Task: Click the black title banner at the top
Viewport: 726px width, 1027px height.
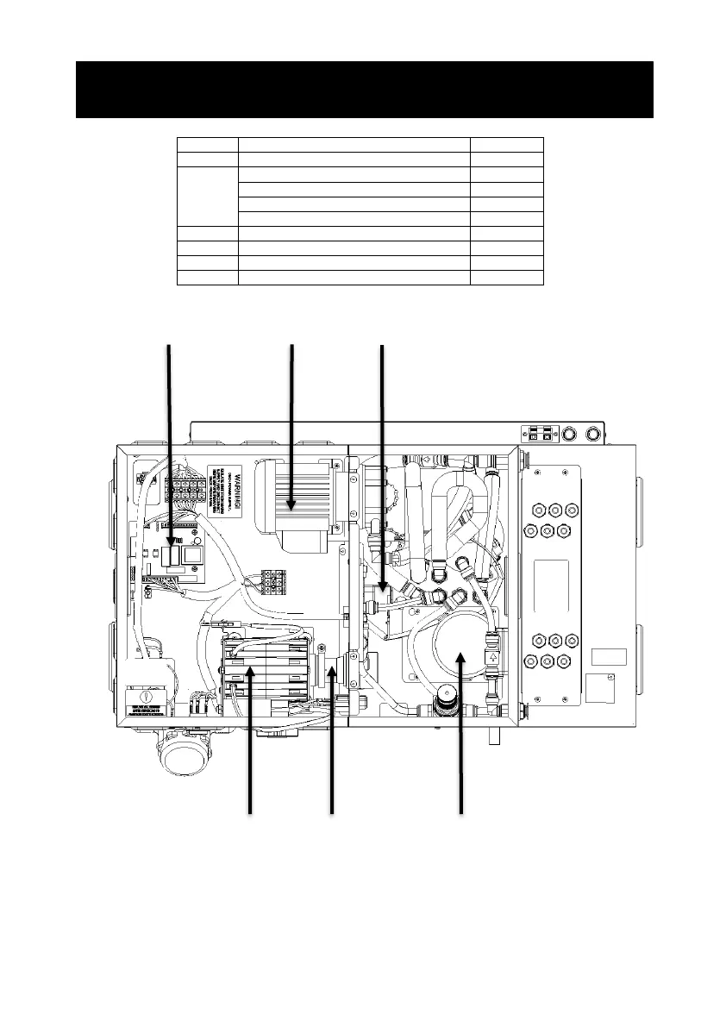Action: coord(364,89)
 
